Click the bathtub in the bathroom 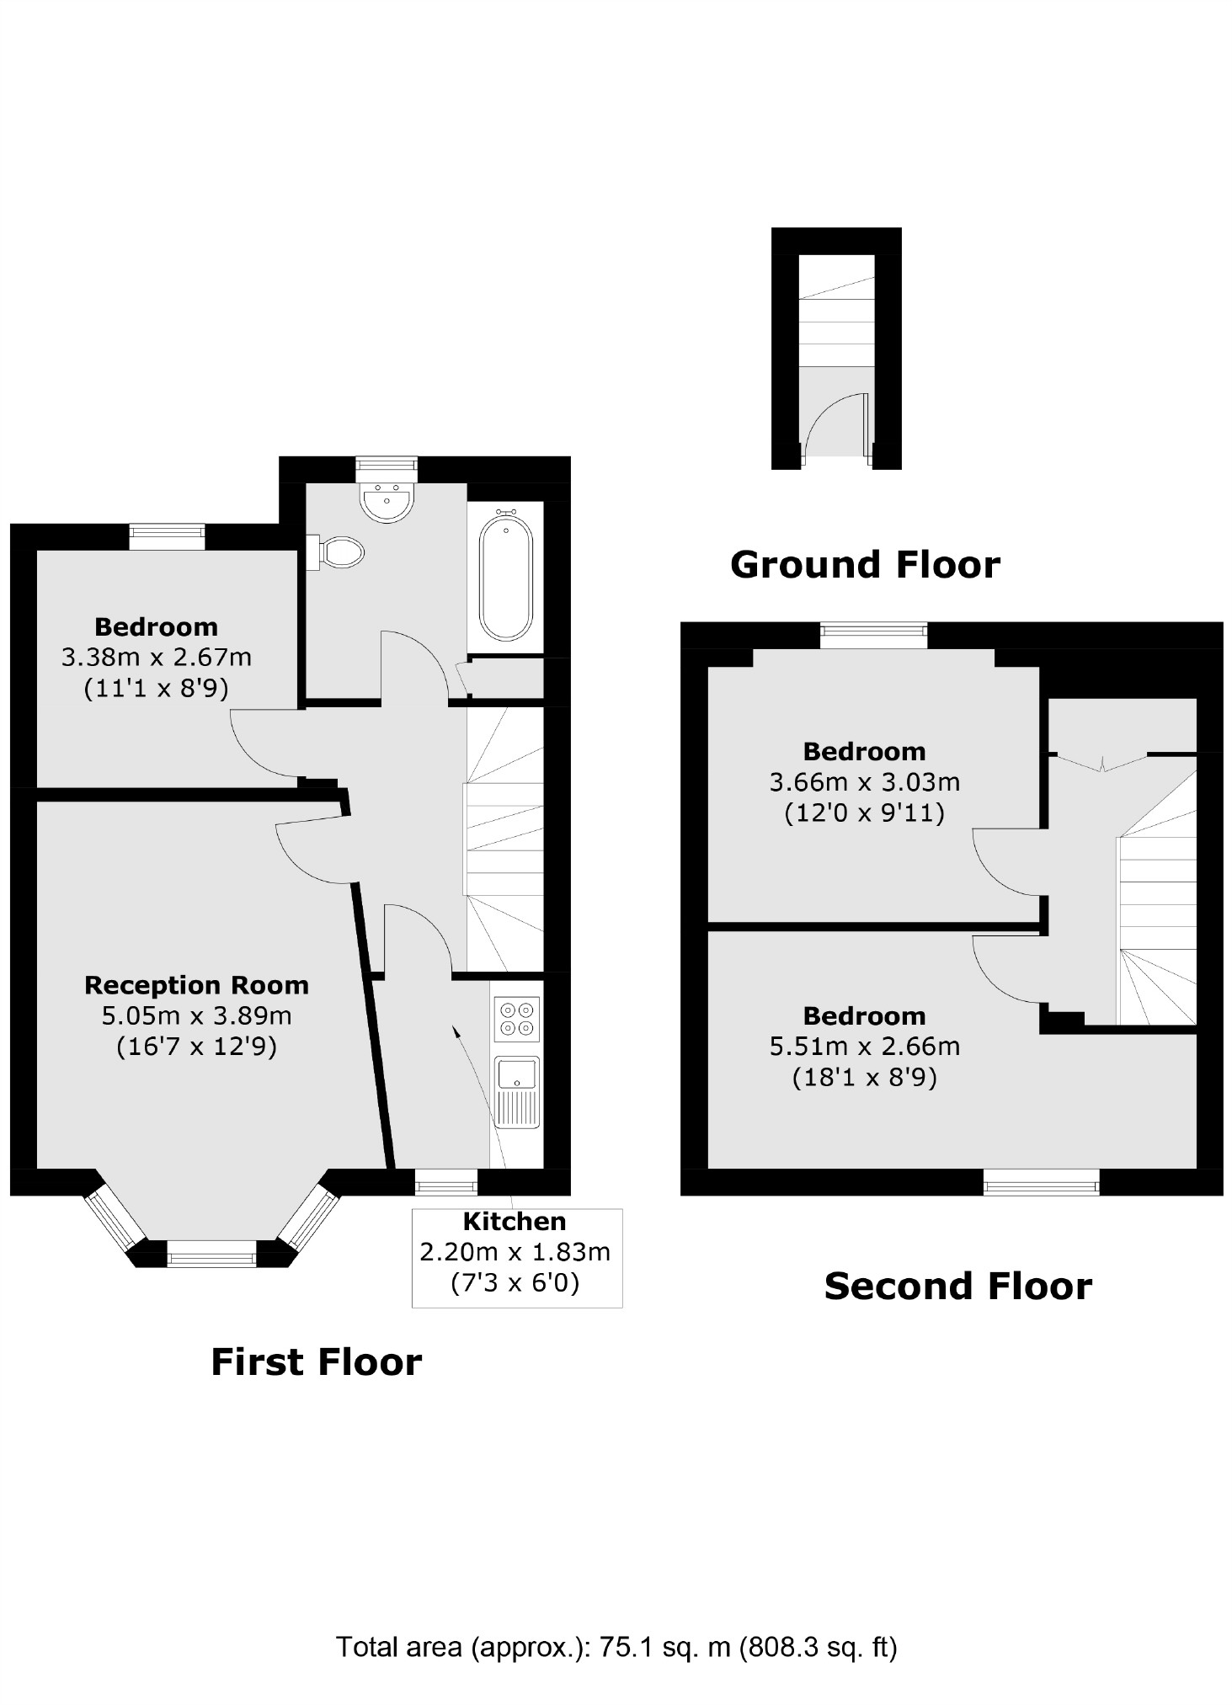(505, 579)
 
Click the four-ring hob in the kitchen (517, 1019)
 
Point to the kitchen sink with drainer (517, 1092)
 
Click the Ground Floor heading (865, 564)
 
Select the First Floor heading (316, 1361)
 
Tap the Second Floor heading (957, 1286)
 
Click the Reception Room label (196, 984)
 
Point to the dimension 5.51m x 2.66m (865, 1046)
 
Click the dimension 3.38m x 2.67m (156, 657)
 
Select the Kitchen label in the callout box (515, 1221)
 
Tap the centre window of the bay (211, 1258)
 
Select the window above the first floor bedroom (167, 536)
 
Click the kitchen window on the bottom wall (445, 1182)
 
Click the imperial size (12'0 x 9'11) (865, 813)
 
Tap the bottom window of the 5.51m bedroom (1042, 1182)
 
